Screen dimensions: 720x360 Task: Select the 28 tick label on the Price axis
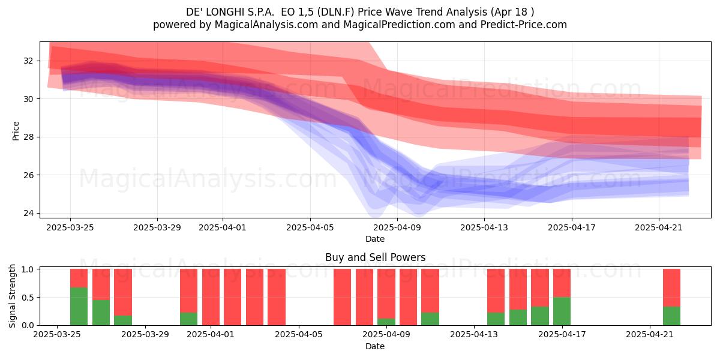click(28, 137)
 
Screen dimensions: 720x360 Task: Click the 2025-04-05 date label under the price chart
click(310, 227)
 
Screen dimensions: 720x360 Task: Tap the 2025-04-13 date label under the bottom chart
click(474, 334)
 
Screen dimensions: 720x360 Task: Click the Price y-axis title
click(16, 131)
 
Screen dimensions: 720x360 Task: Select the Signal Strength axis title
click(12, 296)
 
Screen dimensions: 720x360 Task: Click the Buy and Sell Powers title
click(375, 257)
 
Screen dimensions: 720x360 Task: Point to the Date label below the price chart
click(375, 239)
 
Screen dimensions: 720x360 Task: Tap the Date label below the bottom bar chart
click(375, 346)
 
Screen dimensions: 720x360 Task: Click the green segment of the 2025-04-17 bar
click(562, 311)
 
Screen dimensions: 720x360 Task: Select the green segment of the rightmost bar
click(672, 316)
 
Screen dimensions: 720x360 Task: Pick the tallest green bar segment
click(79, 307)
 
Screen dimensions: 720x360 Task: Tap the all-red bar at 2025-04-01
click(211, 297)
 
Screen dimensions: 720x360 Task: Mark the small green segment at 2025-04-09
click(386, 322)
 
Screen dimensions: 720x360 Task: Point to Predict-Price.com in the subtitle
click(524, 25)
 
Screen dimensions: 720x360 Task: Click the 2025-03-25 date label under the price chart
click(70, 227)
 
